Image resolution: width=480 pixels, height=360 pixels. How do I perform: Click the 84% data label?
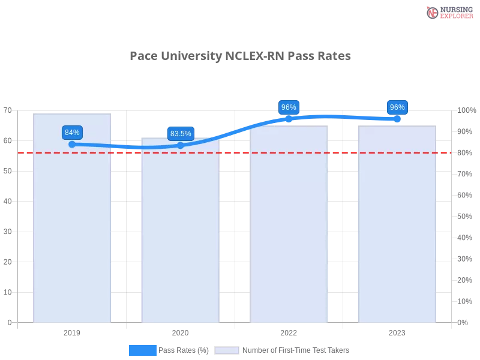click(x=72, y=133)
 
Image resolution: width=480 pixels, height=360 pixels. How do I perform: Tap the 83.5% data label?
click(x=181, y=134)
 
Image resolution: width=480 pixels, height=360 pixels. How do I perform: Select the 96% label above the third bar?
click(x=289, y=107)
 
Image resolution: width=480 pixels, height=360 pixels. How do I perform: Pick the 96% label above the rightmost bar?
click(x=397, y=107)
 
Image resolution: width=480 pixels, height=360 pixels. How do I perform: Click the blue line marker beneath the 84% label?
click(x=72, y=144)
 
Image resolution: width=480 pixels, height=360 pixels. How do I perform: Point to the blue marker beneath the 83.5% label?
click(x=181, y=145)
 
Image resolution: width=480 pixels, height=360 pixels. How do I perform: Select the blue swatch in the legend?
click(x=143, y=350)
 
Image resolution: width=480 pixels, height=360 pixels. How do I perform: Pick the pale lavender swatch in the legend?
click(x=227, y=350)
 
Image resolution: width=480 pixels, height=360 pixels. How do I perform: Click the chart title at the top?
click(x=242, y=56)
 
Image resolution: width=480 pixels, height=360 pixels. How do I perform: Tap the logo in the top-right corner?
click(x=448, y=12)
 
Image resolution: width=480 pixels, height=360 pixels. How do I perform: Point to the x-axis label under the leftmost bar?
click(x=72, y=332)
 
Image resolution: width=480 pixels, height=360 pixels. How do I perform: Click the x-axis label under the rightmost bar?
click(x=397, y=332)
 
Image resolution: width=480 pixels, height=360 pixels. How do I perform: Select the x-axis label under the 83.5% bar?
click(x=180, y=332)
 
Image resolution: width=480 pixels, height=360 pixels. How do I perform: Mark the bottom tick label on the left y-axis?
click(x=8, y=322)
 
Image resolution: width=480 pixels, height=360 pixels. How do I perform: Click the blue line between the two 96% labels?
click(x=342, y=116)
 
